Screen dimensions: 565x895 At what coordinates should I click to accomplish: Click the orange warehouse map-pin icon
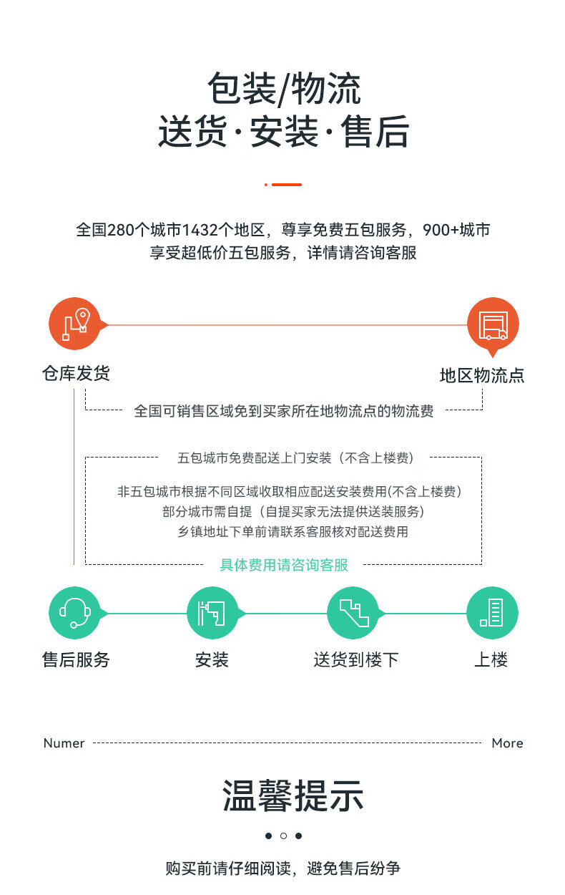[74, 324]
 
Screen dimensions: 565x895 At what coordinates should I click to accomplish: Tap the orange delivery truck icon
[493, 324]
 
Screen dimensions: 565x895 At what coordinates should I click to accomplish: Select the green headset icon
[74, 613]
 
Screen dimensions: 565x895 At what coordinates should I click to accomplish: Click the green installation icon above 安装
[212, 613]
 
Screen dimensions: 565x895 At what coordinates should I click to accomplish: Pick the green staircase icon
[353, 613]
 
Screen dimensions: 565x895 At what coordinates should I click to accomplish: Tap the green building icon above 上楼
[492, 613]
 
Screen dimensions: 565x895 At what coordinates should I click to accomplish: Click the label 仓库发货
[77, 374]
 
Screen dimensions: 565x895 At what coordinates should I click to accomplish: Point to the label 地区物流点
[482, 376]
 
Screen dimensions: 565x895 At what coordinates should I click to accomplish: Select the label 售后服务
[77, 659]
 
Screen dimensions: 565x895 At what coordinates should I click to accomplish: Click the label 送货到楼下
[356, 659]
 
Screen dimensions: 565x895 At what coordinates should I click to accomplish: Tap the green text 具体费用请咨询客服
[284, 565]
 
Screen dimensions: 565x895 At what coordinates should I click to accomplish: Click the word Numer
[64, 743]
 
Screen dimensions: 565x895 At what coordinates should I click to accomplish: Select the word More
[507, 743]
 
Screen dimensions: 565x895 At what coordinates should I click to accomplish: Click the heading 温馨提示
[293, 796]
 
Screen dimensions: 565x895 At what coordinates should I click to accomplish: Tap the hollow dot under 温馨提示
[283, 836]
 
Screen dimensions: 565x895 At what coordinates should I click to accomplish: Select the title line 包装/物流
[284, 89]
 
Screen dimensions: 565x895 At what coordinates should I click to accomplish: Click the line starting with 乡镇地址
[293, 532]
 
